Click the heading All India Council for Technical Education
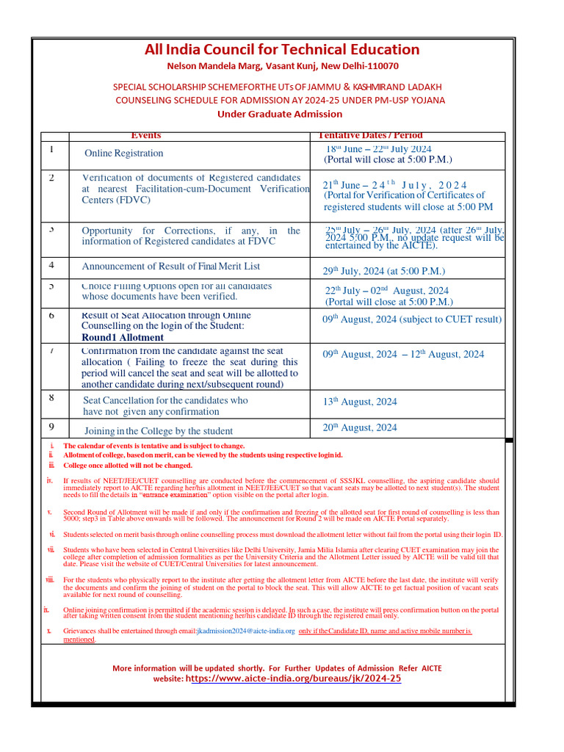coord(282,50)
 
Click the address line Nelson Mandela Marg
coord(282,66)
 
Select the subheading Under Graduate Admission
coord(279,114)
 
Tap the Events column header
coord(145,135)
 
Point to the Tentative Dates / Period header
coord(369,135)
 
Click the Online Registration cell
coord(123,153)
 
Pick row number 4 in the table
coord(51,264)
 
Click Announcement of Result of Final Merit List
coord(170,267)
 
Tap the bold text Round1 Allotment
coord(123,338)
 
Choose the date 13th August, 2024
coord(360,402)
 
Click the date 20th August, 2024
coord(360,427)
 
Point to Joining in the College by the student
coord(158,431)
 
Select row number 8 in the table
coord(51,398)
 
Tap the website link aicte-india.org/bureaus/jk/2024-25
coord(294,679)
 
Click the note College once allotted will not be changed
coord(128,466)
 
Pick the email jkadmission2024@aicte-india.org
coord(242,631)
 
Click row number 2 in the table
coord(51,178)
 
